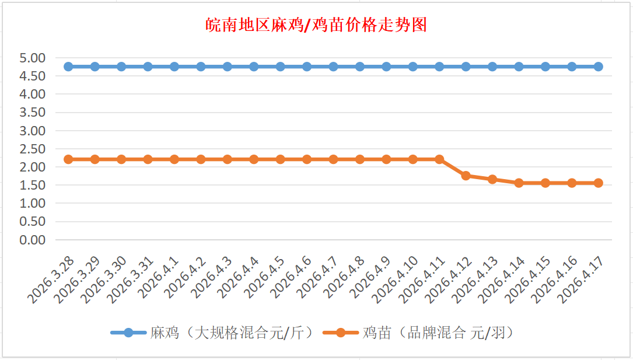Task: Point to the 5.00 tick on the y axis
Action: (32, 58)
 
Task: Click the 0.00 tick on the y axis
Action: (32, 240)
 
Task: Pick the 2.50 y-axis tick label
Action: (32, 149)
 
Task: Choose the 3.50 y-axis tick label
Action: (32, 113)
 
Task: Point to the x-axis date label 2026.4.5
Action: (264, 279)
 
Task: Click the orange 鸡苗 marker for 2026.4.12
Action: (466, 176)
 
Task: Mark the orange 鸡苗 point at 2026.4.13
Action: (492, 179)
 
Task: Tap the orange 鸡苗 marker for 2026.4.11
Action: (439, 159)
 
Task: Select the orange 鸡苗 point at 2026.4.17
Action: (598, 183)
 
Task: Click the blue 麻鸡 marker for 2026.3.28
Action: (68, 67)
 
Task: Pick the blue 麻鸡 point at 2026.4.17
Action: (598, 67)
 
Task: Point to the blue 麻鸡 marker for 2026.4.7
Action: (333, 67)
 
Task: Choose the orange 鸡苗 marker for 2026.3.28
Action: (68, 159)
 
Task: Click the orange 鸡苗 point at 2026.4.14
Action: (519, 183)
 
